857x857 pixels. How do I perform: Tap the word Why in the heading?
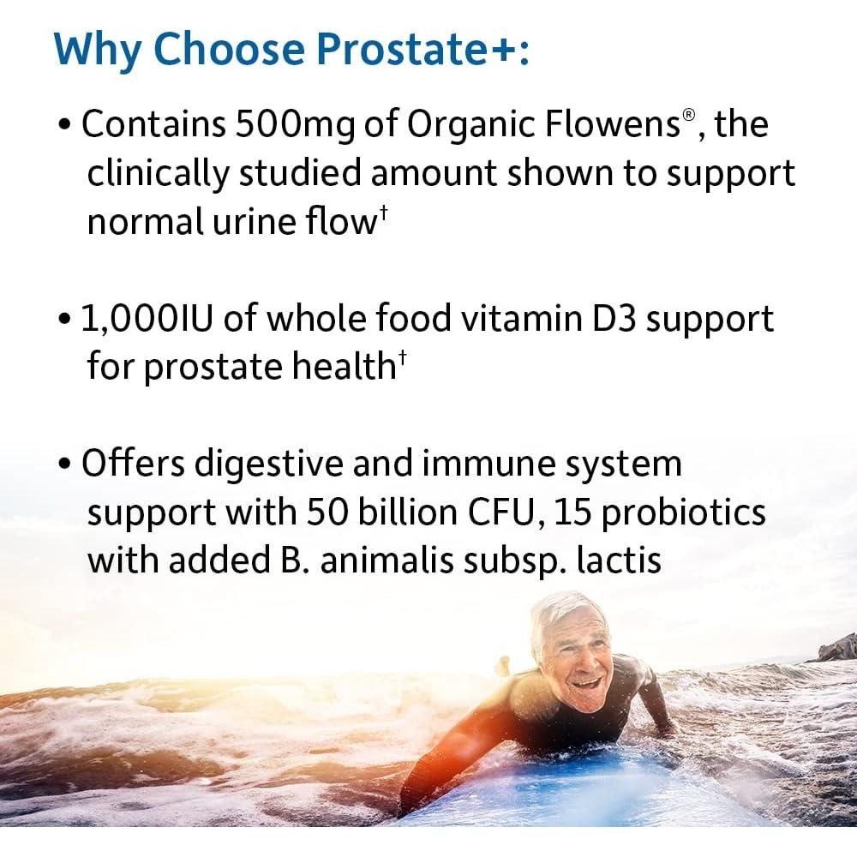pyautogui.click(x=98, y=51)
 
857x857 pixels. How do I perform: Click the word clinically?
pyautogui.click(x=158, y=175)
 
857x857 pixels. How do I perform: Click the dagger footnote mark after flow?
pyautogui.click(x=383, y=213)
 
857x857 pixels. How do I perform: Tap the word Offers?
pyautogui.click(x=134, y=463)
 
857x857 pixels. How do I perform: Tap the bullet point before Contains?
pyautogui.click(x=64, y=125)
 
